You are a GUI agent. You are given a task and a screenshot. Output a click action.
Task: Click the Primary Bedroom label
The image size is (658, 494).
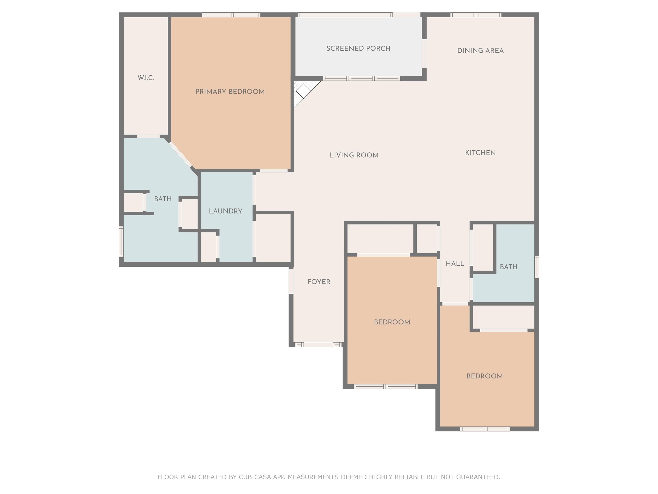(x=230, y=92)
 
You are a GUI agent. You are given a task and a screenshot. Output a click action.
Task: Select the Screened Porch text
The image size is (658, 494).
(x=358, y=48)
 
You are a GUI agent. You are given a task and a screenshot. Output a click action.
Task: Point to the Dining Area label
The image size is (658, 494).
(x=480, y=51)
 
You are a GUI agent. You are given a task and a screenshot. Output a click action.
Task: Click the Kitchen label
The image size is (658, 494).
(x=480, y=153)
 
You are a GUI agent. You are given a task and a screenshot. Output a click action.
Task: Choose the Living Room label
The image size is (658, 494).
(x=354, y=155)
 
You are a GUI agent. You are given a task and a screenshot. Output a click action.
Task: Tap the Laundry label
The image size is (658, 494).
(x=226, y=211)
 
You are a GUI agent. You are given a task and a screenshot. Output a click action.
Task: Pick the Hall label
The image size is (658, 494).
(x=455, y=264)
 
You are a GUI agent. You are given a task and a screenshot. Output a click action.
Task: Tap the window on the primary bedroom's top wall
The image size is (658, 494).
(x=231, y=15)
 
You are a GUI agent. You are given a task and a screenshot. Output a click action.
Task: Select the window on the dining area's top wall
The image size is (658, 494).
(x=476, y=15)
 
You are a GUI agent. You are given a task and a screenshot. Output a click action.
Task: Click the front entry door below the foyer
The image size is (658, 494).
(x=318, y=345)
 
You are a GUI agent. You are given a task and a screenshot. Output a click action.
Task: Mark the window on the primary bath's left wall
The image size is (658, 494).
(x=121, y=241)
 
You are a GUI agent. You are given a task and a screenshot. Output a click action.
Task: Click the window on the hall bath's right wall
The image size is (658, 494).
(x=537, y=267)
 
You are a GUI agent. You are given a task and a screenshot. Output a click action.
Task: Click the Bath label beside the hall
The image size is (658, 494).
(x=509, y=267)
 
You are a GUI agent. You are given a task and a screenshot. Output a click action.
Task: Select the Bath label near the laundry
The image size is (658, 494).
(x=163, y=199)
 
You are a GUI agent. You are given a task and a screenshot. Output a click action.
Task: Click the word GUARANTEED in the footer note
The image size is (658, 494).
(x=478, y=477)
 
